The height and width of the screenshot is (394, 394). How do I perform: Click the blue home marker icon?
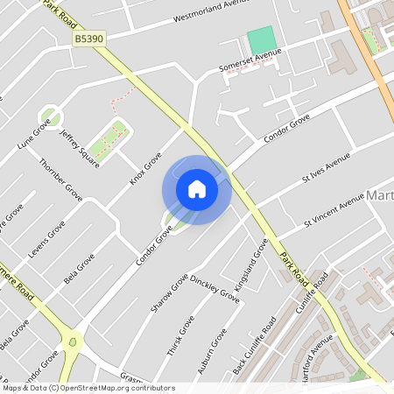point(197,189)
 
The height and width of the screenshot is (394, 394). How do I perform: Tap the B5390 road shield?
point(89,39)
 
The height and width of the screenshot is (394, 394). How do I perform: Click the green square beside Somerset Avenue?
point(260,39)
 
